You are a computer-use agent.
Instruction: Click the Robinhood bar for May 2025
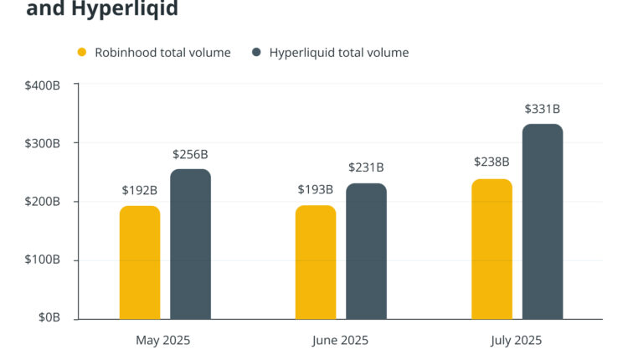click(x=140, y=262)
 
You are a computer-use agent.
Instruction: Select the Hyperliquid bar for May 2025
click(x=190, y=244)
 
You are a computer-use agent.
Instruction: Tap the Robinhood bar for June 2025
click(x=316, y=262)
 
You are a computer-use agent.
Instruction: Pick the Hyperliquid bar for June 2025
click(x=366, y=251)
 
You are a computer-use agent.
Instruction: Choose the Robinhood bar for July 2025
click(x=492, y=249)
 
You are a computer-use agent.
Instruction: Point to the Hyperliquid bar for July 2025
click(x=543, y=222)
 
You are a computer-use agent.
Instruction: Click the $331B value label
click(x=542, y=109)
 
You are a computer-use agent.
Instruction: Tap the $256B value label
click(x=190, y=154)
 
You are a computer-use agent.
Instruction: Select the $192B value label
click(x=139, y=191)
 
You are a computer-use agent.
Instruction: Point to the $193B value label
click(x=315, y=190)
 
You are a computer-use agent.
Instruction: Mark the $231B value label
click(x=366, y=168)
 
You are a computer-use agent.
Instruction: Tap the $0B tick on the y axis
click(x=49, y=319)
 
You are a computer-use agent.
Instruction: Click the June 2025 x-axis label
click(x=340, y=341)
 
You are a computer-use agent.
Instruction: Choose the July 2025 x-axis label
click(x=516, y=341)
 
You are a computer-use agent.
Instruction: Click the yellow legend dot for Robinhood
click(x=82, y=53)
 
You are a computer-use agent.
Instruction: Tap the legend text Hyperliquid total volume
click(x=338, y=53)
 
